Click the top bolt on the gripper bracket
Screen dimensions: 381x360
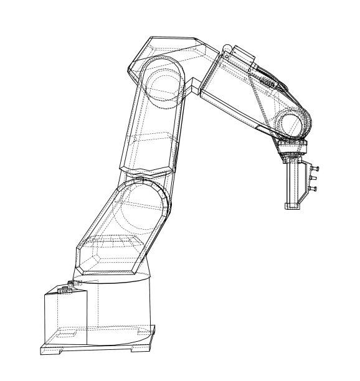317,168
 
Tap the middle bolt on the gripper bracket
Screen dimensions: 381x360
315,178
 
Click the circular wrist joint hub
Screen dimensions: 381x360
290,123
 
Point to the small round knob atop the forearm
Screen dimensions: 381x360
229,49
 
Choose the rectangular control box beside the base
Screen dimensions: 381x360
62,317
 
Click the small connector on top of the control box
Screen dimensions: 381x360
65,288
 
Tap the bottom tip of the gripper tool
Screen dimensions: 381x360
291,206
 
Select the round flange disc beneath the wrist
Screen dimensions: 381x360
291,148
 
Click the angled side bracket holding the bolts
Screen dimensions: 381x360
305,181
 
